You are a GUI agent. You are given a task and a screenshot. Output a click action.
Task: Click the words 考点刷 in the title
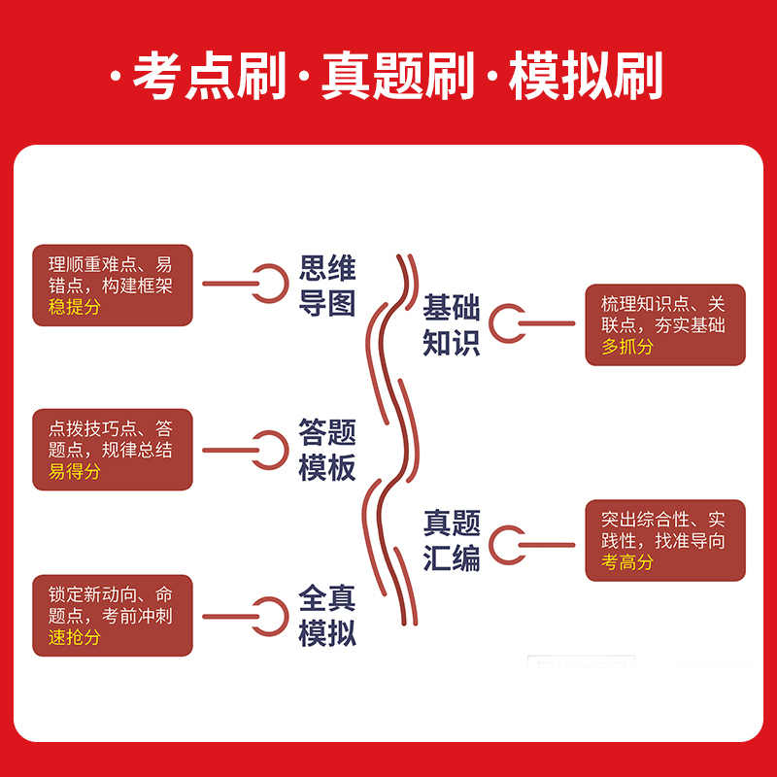[x=210, y=76]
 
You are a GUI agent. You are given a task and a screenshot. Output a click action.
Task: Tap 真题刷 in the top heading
[x=398, y=76]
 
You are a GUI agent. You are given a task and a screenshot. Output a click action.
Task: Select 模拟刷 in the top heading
[x=587, y=76]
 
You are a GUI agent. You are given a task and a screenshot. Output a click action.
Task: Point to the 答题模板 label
[x=327, y=450]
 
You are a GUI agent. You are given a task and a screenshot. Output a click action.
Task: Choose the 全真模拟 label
[x=327, y=616]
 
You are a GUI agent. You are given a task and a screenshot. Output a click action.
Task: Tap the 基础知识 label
[x=452, y=325]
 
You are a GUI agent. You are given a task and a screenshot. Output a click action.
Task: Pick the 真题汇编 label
[x=452, y=540]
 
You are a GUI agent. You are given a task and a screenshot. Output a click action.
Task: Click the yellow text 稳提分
[x=74, y=307]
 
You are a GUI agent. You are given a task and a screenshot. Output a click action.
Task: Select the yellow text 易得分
[x=74, y=472]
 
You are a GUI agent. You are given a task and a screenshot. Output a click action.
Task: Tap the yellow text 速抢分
[x=74, y=638]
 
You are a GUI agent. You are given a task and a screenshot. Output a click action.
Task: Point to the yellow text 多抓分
[x=627, y=347]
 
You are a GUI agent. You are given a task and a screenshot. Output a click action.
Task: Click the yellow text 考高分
[x=627, y=562]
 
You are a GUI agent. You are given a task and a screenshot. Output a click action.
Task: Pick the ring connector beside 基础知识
[x=507, y=324]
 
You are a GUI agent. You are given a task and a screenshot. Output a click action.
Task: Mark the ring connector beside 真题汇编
[x=507, y=541]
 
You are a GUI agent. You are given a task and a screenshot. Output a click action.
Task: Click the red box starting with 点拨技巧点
[x=113, y=450]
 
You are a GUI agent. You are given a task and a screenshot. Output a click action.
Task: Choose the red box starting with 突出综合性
[x=665, y=540]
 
